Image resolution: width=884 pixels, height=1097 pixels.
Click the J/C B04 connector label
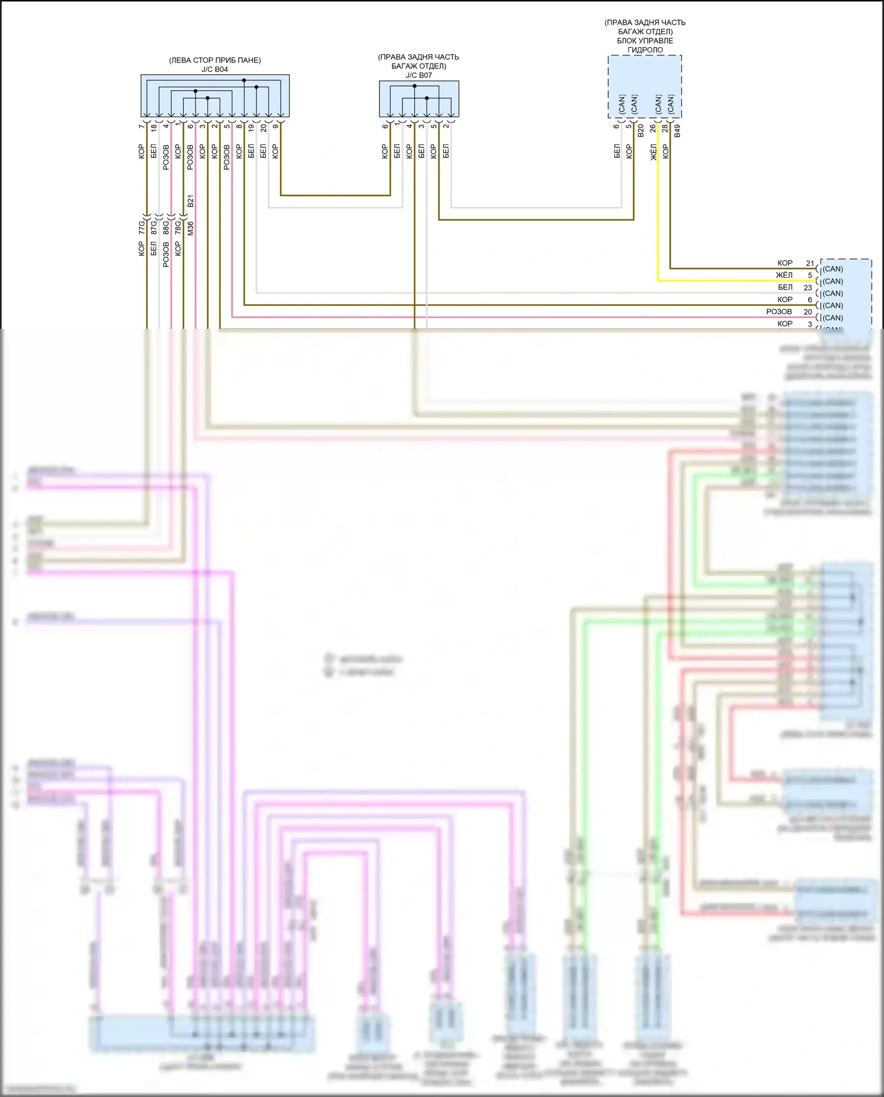pyautogui.click(x=215, y=70)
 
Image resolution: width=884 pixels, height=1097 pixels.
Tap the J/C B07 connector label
pyautogui.click(x=418, y=75)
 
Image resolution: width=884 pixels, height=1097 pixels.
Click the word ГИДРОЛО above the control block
pyautogui.click(x=645, y=50)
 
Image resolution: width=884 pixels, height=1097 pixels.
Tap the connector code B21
pyautogui.click(x=190, y=200)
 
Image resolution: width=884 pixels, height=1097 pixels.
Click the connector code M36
pyautogui.click(x=190, y=228)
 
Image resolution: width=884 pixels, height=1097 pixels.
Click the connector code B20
pyautogui.click(x=641, y=131)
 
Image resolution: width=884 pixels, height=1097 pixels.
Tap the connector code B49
pyautogui.click(x=677, y=131)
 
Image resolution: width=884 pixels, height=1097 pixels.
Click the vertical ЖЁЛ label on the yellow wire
pyautogui.click(x=653, y=151)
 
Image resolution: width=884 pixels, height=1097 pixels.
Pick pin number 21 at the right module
pyautogui.click(x=810, y=263)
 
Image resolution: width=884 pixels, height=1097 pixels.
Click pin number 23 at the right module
pyautogui.click(x=808, y=288)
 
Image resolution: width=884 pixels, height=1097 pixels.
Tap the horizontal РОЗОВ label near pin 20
pyautogui.click(x=779, y=312)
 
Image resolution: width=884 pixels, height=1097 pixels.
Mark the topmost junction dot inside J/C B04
pyautogui.click(x=244, y=80)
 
